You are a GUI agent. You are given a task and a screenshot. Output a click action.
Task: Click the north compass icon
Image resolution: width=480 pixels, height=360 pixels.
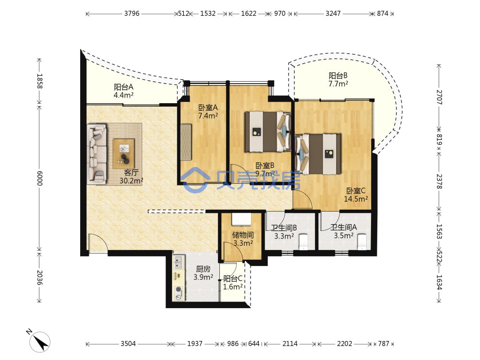(x=39, y=340)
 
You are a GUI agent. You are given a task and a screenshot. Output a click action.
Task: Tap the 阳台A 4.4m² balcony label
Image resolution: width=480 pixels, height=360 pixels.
(x=123, y=91)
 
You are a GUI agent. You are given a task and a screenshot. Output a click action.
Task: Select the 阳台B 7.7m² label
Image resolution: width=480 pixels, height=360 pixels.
(x=338, y=80)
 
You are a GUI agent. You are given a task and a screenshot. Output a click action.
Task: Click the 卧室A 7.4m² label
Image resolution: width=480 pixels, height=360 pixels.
(x=208, y=111)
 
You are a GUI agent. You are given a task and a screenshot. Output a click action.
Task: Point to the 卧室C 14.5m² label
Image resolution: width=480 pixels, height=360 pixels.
(x=356, y=195)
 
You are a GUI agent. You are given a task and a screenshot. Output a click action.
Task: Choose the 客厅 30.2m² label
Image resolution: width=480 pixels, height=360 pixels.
(x=132, y=177)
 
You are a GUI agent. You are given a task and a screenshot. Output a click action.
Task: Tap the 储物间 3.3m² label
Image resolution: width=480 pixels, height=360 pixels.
(x=243, y=239)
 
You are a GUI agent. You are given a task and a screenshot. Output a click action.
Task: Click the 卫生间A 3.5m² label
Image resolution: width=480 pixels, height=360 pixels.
(x=344, y=231)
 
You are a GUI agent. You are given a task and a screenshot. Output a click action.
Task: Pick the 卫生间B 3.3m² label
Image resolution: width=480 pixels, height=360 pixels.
(x=284, y=232)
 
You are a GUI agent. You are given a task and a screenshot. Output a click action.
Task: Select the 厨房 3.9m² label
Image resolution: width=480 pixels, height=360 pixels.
(x=203, y=273)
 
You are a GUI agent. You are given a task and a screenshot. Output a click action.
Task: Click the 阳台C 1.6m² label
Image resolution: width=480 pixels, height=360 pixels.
(x=233, y=283)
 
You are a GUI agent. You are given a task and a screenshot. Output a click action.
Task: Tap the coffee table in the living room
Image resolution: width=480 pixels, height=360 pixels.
(x=124, y=154)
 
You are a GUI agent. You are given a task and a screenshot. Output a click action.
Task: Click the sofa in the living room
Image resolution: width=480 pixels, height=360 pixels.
(x=97, y=154)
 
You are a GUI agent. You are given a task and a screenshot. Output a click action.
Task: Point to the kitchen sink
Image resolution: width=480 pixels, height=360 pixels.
(x=178, y=263)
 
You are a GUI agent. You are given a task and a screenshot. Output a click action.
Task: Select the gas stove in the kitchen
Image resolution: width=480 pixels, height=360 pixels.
(x=179, y=293)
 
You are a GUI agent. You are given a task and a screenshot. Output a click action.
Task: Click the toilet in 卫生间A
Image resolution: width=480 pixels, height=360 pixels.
(x=361, y=241)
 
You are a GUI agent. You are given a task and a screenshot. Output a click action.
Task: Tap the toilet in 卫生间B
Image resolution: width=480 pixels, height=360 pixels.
(x=303, y=241)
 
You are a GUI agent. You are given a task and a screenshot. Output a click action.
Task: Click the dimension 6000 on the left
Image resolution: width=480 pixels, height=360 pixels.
(x=39, y=179)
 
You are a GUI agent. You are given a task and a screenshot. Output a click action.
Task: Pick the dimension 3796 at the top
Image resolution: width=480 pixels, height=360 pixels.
(x=132, y=13)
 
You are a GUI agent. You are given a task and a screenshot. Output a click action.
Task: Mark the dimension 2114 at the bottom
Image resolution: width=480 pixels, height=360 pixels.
(x=290, y=344)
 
